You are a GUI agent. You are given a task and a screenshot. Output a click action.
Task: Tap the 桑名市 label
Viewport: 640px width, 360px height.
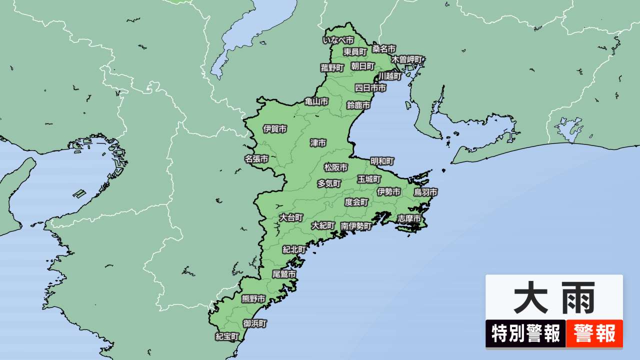tap(384, 49)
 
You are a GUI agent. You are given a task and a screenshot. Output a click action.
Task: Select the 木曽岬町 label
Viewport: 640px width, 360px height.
tap(407, 59)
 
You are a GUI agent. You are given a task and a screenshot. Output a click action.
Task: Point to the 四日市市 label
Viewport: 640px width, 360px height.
tap(370, 88)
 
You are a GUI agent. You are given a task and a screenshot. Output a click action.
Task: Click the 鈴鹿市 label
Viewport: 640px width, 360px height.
tap(358, 105)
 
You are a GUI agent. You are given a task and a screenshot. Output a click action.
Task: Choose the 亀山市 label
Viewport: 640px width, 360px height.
tap(316, 101)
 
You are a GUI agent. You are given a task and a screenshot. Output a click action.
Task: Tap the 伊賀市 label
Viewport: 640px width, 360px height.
tap(275, 129)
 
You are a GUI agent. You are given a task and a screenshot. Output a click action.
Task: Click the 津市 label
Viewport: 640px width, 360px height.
tap(318, 143)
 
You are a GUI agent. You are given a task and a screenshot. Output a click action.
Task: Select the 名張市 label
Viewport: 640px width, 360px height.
tap(256, 159)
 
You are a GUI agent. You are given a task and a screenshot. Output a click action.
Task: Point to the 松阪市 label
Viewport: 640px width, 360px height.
tap(336, 167)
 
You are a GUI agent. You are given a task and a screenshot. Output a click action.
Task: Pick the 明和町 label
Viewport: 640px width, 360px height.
tap(382, 161)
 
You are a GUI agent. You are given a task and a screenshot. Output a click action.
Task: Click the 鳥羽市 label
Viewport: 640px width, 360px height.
tap(425, 192)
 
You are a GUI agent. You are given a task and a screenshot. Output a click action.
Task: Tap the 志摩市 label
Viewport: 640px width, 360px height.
tap(409, 218)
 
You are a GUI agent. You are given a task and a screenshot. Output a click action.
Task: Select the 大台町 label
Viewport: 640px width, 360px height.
tap(291, 217)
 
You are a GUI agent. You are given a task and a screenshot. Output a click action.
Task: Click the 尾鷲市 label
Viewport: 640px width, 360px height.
tap(284, 274)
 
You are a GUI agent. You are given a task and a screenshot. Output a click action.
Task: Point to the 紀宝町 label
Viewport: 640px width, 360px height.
tap(227, 336)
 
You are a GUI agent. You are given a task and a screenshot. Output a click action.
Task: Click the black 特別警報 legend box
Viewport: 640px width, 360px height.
tap(525, 334)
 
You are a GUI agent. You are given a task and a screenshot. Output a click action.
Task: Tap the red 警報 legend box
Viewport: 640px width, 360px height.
tap(594, 334)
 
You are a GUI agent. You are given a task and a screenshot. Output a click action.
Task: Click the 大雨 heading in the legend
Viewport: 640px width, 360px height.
tap(554, 298)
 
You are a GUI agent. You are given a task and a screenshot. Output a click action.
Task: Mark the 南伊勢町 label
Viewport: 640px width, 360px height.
tap(356, 226)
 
